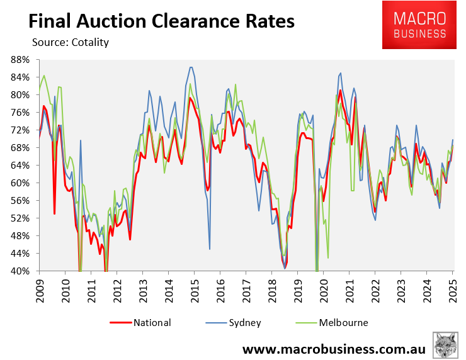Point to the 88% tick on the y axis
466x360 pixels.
coord(20,60)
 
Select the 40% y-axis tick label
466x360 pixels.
coord(20,271)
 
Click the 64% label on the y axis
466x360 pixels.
coord(20,166)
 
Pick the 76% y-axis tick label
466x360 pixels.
coord(20,113)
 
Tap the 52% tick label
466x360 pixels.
coord(20,218)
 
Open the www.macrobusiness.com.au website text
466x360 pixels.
coord(334,349)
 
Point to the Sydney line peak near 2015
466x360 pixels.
coord(191,67)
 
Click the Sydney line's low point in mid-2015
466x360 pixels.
coord(210,249)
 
